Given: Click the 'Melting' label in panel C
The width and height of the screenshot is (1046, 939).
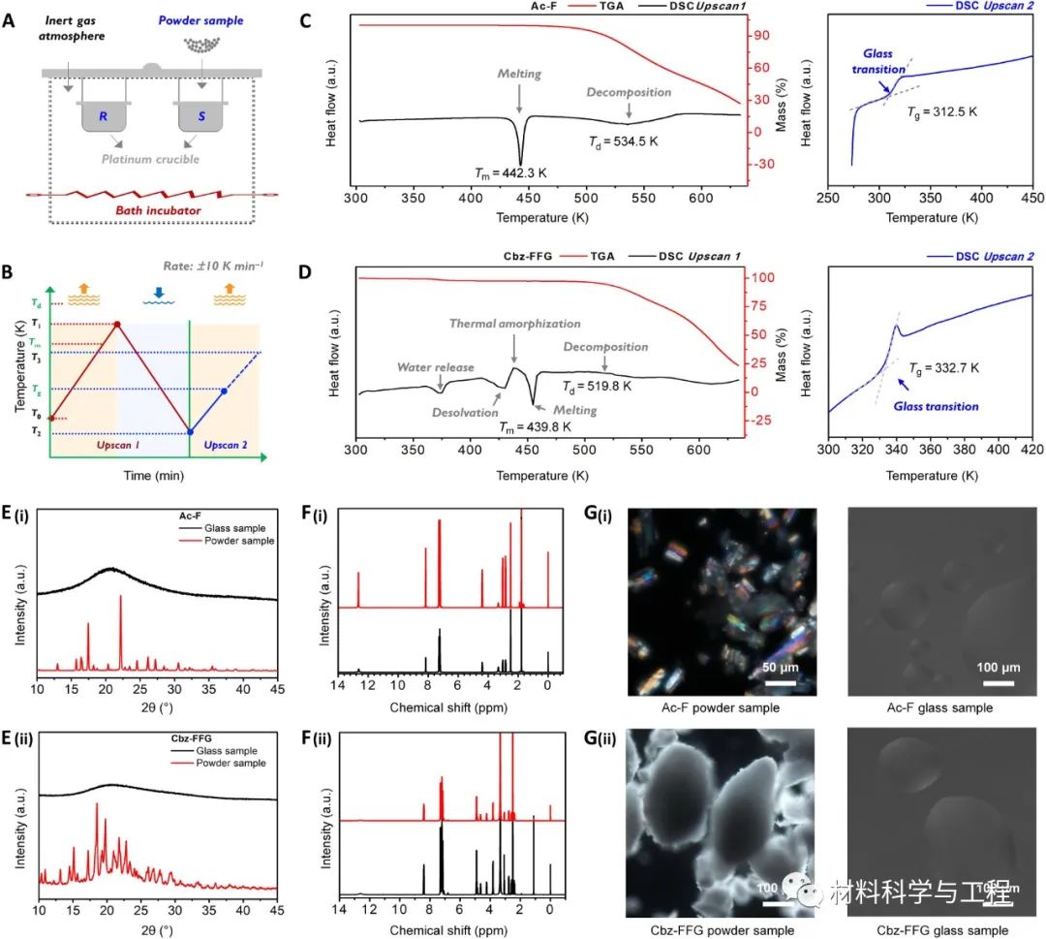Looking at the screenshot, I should coord(520,74).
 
